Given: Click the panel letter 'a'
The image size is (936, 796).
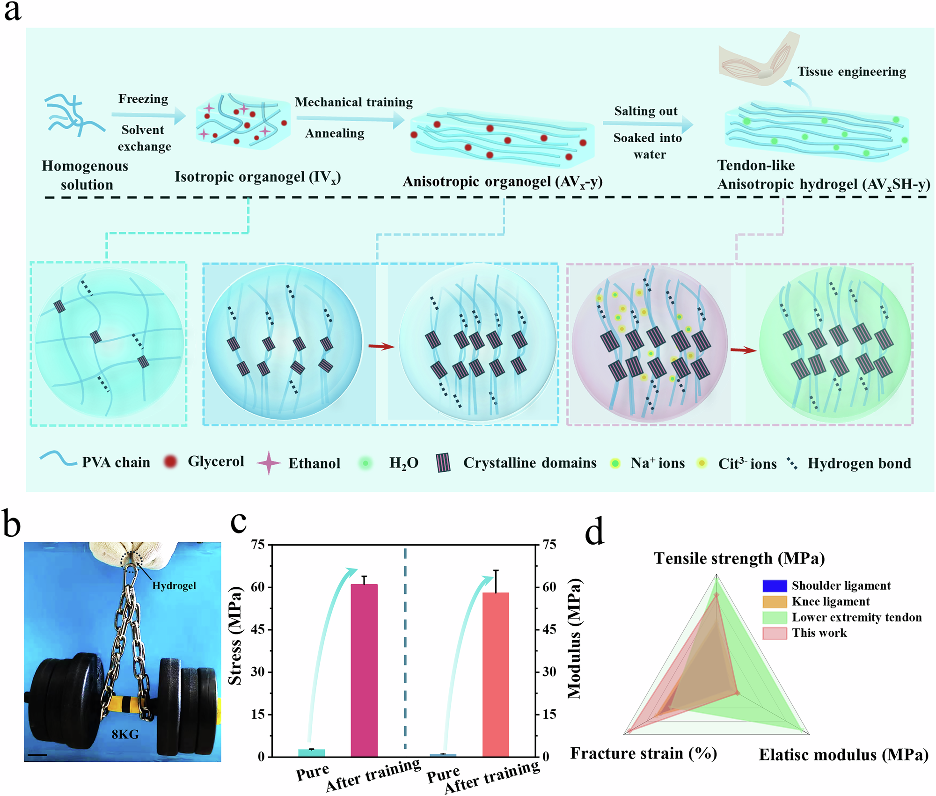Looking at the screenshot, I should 13,11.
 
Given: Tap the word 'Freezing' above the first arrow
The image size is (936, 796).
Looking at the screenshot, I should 143,99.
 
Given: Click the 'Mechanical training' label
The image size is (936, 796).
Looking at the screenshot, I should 353,102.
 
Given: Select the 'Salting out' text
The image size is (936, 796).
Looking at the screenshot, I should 645,111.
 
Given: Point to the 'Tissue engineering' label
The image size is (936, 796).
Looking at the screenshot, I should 851,72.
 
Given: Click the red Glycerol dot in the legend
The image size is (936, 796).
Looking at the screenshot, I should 171,461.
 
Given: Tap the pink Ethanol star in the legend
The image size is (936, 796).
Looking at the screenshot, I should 269,463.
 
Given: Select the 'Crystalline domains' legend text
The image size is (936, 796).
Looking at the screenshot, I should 529,463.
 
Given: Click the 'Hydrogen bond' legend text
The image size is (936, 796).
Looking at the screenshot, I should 859,463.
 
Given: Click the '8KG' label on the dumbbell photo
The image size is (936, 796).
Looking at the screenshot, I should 125,734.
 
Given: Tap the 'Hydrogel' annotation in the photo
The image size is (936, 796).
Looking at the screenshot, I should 174,585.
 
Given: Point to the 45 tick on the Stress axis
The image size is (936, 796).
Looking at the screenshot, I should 258,629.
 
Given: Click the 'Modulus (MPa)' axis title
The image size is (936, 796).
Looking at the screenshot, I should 574,638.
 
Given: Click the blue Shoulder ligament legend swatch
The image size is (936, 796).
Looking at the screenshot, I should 774,585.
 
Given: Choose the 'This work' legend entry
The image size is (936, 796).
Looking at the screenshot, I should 819,633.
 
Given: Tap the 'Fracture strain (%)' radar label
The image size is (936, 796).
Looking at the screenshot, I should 643,753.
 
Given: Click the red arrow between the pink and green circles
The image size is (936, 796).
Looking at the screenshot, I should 743,350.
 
